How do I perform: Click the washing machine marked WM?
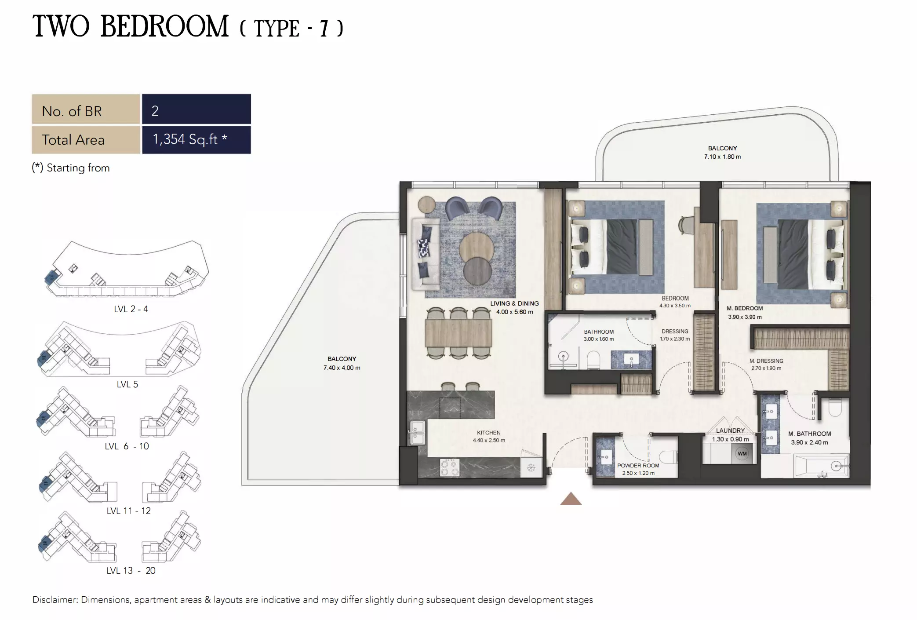742,453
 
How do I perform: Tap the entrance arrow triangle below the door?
571,499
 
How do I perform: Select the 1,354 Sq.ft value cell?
196,139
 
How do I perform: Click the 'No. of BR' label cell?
86,111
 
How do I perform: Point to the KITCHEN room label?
488,433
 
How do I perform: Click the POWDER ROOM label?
638,465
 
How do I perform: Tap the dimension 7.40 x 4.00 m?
342,368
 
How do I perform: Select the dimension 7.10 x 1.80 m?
722,157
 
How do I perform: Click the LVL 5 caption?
127,384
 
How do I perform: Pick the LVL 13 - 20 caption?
131,571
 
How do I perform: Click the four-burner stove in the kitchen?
450,467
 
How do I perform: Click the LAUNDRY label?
730,430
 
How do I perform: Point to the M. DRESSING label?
766,361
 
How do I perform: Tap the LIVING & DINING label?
514,303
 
